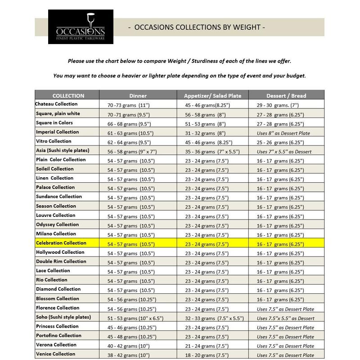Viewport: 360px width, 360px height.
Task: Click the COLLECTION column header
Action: click(x=68, y=95)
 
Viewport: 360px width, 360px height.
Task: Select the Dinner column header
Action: click(x=138, y=95)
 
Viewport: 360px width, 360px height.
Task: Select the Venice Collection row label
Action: click(x=55, y=354)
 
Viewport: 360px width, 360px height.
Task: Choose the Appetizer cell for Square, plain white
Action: click(x=207, y=114)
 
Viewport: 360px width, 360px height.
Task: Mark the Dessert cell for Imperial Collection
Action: click(x=285, y=133)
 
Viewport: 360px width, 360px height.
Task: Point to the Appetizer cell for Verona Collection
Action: click(x=207, y=345)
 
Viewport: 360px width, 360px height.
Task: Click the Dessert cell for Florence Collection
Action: click(x=285, y=309)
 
